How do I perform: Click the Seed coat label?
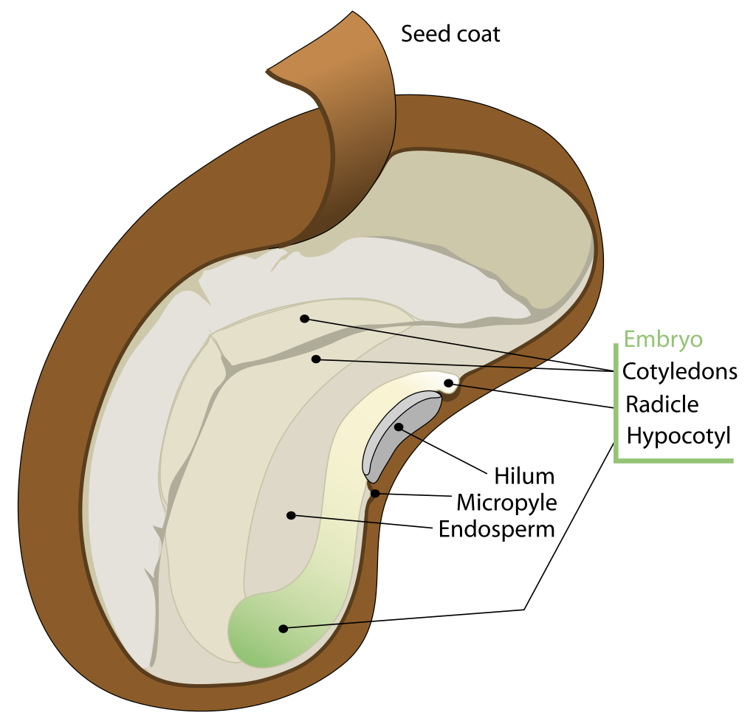[450, 34]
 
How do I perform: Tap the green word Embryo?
[663, 339]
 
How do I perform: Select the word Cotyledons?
[679, 371]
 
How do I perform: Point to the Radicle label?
[661, 404]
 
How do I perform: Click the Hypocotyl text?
[678, 435]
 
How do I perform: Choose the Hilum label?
[524, 475]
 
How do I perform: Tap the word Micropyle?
[506, 503]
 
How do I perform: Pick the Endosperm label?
[496, 529]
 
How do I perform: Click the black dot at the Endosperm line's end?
[291, 515]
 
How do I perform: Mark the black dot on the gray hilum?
[399, 427]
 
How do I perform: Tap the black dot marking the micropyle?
[376, 493]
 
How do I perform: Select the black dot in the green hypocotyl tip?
[282, 629]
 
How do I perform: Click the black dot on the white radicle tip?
[448, 382]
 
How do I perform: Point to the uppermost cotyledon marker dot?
[303, 319]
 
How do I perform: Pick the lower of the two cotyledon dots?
[316, 359]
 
